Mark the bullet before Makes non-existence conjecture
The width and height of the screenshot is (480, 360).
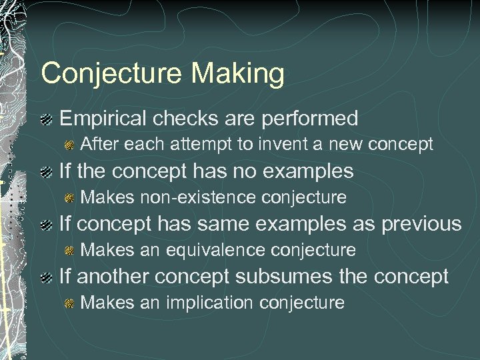(69, 198)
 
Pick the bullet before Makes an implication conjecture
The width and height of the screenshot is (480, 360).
(69, 304)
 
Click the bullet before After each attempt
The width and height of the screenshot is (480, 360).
(69, 145)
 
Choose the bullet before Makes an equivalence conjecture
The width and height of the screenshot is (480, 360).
(69, 251)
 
